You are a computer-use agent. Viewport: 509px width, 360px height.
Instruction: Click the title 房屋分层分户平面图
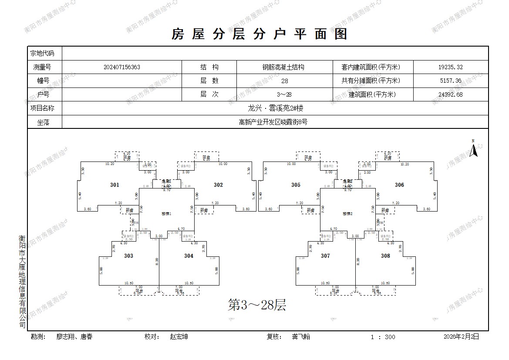260,34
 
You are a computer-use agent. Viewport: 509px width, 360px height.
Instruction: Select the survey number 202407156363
122,67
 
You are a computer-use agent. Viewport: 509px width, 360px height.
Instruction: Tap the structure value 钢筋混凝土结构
283,67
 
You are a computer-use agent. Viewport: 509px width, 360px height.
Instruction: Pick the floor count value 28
285,81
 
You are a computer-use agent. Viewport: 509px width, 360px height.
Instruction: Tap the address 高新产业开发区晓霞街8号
273,122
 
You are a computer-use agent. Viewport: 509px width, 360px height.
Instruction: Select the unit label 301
115,185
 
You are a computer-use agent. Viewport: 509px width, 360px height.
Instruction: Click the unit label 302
218,185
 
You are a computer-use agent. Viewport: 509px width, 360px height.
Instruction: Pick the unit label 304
189,256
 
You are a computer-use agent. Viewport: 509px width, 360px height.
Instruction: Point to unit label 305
296,185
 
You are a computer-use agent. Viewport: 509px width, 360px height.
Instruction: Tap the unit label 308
385,256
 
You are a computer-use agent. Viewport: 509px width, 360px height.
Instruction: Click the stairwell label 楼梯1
166,214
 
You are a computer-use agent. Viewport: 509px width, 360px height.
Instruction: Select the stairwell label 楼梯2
347,214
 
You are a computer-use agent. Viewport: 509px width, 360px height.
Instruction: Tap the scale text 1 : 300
383,337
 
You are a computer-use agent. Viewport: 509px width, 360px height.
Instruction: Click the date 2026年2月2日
461,336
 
